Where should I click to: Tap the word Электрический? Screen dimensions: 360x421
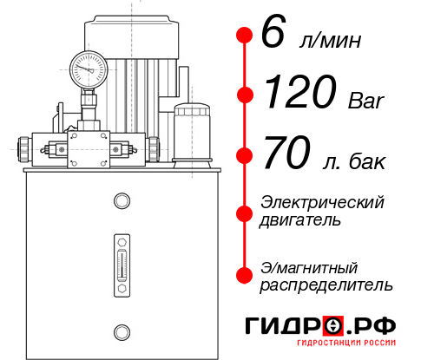tap(322, 202)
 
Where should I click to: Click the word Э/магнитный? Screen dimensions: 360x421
tap(309, 267)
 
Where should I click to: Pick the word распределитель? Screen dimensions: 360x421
tap(326, 285)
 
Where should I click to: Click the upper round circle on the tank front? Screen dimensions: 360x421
tap(121, 201)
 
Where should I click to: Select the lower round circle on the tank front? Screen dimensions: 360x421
tap(121, 331)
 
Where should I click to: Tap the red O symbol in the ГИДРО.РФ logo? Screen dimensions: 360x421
tap(332, 326)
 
